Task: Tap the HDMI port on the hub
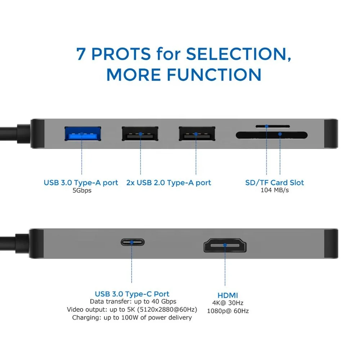pos(225,245)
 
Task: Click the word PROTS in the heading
pos(121,54)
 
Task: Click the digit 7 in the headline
pos(81,54)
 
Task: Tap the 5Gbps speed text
pos(82,190)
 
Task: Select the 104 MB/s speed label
pos(274,190)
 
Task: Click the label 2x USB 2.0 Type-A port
pos(168,183)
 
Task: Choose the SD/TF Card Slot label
pos(274,183)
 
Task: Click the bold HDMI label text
pos(228,295)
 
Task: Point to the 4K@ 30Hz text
pos(228,303)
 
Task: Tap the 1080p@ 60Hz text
pos(228,311)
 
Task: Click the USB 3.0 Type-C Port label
pos(132,294)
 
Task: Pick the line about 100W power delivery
pos(132,318)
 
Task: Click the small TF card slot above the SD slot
pos(273,126)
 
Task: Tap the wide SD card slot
pos(271,135)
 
